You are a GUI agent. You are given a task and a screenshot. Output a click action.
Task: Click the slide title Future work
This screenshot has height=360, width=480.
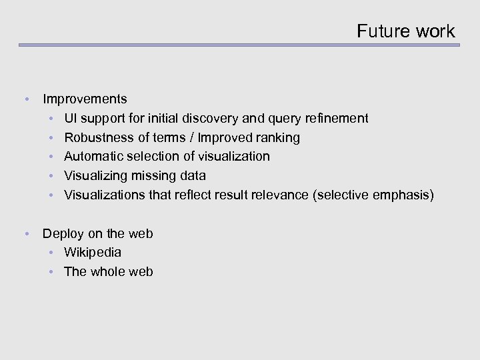point(405,31)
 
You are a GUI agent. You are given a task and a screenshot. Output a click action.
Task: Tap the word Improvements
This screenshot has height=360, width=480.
point(85,99)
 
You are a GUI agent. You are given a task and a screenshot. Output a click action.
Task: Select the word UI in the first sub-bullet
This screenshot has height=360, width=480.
point(71,119)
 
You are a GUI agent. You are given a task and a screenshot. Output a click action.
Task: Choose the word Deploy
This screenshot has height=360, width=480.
point(62,234)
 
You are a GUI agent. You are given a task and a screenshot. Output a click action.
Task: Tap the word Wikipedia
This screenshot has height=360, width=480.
point(93,253)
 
